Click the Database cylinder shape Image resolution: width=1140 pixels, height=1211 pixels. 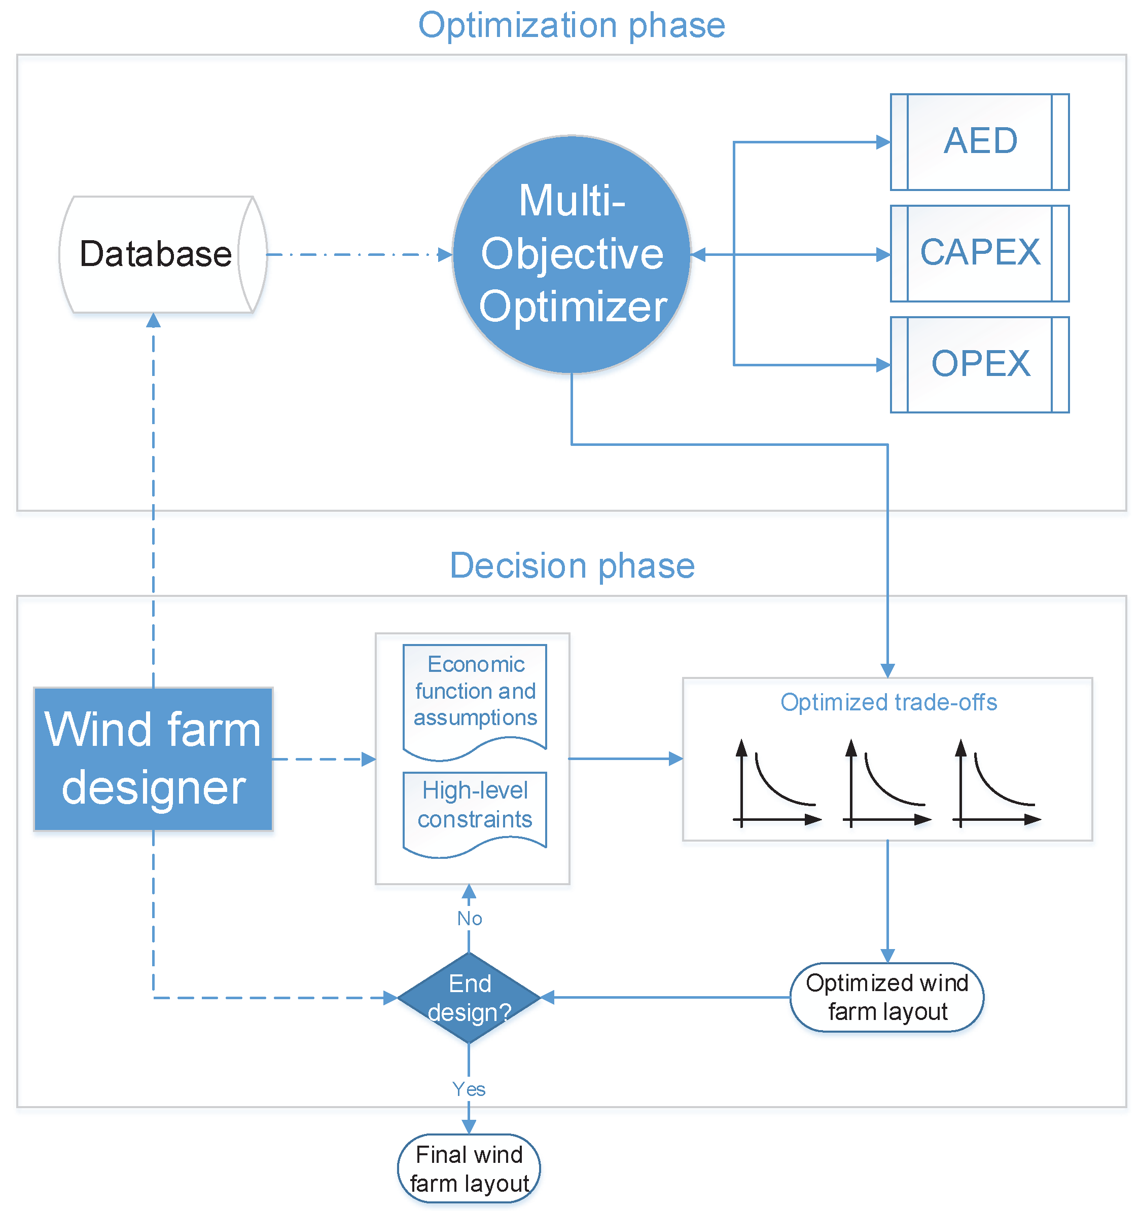click(163, 255)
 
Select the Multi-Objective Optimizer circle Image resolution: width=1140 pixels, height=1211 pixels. click(572, 255)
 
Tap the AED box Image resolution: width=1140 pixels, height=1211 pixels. click(980, 142)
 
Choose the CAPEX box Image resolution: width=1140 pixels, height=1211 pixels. click(980, 253)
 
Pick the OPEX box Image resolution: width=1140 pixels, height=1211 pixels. click(980, 365)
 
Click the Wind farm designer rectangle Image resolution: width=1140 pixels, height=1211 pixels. click(153, 759)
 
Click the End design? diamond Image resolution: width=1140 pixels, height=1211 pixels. click(469, 998)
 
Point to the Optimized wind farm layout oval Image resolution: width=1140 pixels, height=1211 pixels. click(887, 998)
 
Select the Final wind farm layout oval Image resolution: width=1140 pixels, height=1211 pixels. click(469, 1168)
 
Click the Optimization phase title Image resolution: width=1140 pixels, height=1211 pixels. click(572, 25)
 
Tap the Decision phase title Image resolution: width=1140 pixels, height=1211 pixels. click(572, 566)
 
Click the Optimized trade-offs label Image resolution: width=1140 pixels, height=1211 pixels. click(889, 702)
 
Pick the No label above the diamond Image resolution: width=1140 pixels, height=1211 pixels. click(470, 919)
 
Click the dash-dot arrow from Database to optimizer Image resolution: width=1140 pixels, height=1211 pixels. click(360, 255)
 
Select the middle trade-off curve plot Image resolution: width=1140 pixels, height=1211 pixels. click(887, 783)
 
